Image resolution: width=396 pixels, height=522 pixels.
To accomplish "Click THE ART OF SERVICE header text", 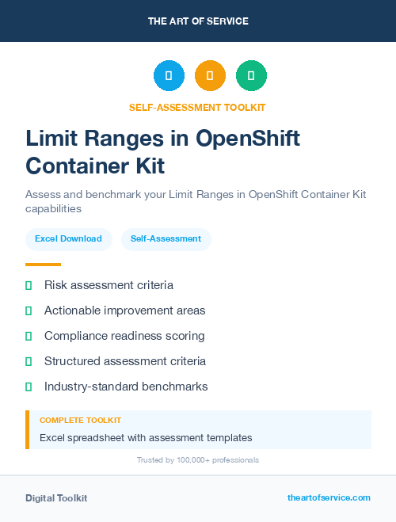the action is point(198,21).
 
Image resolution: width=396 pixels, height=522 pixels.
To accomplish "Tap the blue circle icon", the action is point(169,76).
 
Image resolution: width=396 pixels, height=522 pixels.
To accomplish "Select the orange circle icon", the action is point(210,76).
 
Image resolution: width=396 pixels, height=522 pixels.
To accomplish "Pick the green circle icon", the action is point(251,76).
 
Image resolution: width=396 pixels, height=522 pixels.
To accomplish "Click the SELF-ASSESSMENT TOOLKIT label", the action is point(198,108).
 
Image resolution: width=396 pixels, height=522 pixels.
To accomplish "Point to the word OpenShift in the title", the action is point(248,139).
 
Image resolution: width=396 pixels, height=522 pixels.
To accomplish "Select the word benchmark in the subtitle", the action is point(109,195).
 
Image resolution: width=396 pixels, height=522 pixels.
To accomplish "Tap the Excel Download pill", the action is point(68,238).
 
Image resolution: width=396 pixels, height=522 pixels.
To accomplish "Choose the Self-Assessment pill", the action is point(166,238).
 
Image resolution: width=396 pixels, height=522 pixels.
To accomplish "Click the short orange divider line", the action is point(43,265).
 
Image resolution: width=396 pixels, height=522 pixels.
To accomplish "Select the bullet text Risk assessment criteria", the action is point(109,285).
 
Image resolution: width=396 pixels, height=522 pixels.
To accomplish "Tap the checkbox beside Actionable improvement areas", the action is point(29,311).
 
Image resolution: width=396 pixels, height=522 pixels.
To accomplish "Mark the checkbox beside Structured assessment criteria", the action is point(29,361).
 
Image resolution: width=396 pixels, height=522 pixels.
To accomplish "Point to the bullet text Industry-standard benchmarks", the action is point(126,387).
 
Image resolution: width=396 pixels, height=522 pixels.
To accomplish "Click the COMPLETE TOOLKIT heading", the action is point(80,421).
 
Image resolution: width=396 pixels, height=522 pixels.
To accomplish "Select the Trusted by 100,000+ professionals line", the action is point(198,460).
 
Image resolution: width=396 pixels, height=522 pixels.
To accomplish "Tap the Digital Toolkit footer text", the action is point(56,498).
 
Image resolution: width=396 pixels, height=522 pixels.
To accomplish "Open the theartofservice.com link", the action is point(329,497).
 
